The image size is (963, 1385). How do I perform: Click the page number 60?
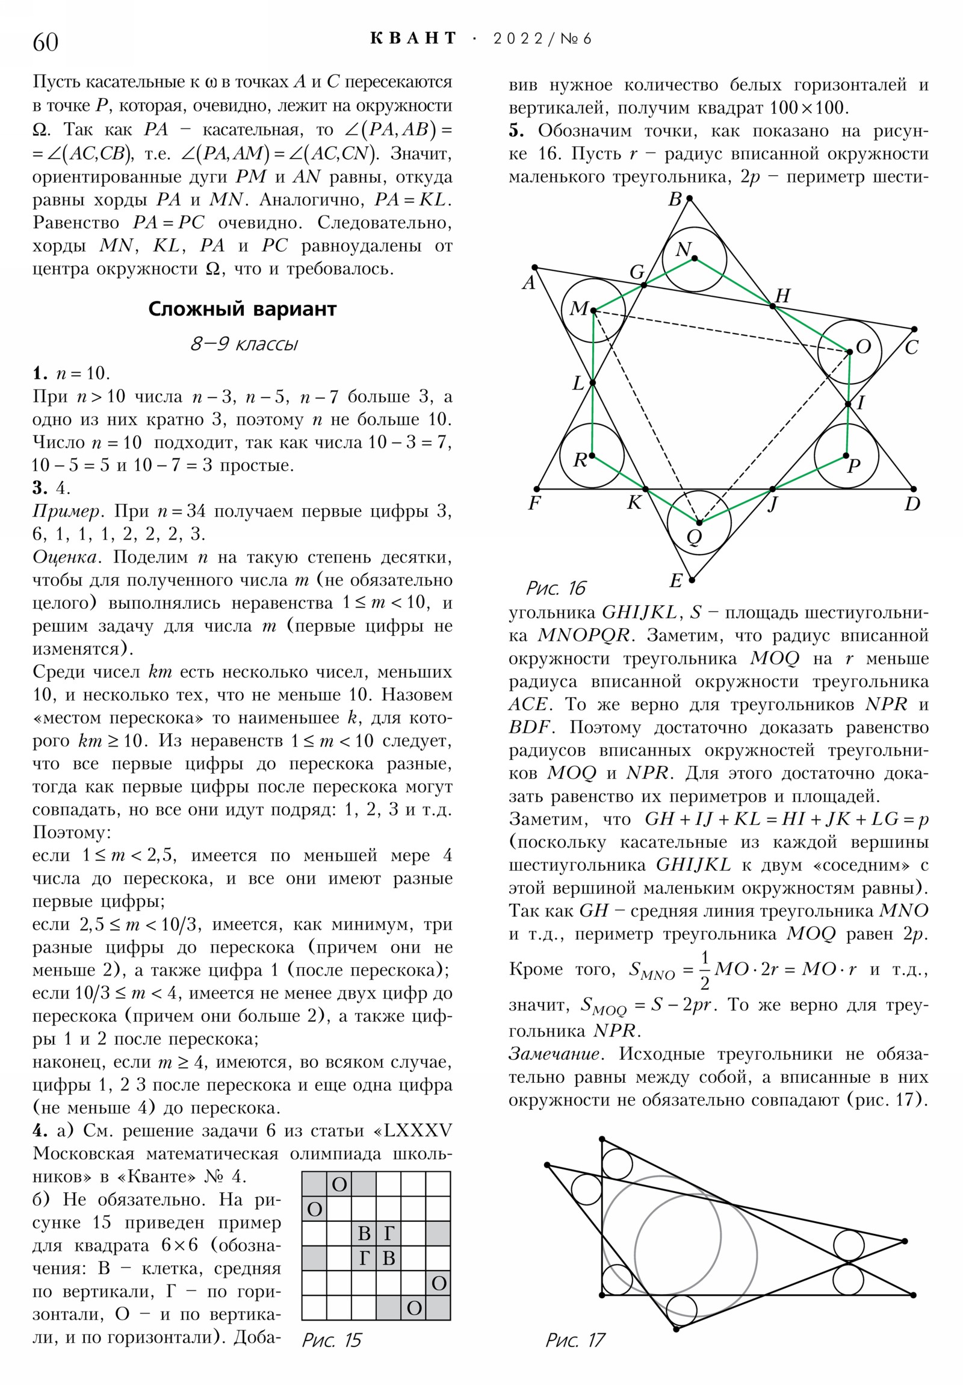45,42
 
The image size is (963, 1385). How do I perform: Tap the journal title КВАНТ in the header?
413,39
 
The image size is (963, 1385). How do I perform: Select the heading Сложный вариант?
242,309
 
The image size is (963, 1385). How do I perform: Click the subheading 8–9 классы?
244,344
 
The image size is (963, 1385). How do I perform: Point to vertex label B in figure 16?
675,200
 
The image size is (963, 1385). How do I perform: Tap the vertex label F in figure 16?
534,503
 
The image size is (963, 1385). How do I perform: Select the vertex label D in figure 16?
912,503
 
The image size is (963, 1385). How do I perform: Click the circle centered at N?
694,259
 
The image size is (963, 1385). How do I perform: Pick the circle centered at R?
592,455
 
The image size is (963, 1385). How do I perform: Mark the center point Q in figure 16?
699,523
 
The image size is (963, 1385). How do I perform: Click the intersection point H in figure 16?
773,307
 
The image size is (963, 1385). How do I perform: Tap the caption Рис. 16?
556,588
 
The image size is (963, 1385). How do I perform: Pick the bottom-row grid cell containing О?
413,1308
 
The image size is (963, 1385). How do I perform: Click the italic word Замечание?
554,1054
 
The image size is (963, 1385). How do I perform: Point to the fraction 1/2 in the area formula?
704,969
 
